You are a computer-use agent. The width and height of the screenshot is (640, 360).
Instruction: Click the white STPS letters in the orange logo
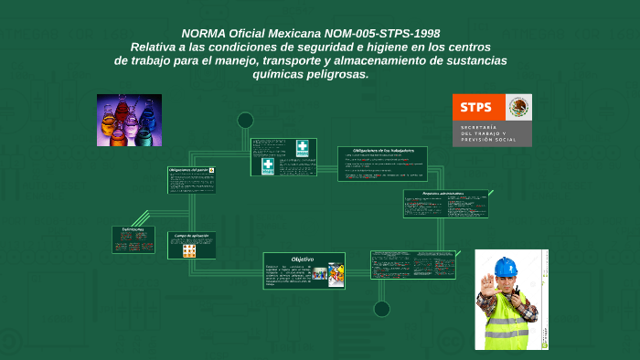point(476,107)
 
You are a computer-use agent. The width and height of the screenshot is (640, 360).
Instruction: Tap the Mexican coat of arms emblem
point(519,107)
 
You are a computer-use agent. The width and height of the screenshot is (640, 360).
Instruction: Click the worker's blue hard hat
point(506,268)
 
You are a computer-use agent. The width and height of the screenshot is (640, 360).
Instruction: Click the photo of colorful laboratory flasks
point(129,120)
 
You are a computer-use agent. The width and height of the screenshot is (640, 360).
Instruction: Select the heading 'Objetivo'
point(303,259)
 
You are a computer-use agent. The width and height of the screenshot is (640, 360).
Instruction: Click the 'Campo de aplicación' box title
point(192,236)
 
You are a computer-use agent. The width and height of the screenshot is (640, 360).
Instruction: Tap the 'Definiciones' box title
point(133,229)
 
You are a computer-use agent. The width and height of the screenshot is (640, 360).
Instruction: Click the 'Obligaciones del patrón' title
point(188,170)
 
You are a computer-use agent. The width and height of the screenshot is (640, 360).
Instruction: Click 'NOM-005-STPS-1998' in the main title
point(402,33)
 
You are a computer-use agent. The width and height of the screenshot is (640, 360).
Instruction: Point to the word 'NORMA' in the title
point(206,33)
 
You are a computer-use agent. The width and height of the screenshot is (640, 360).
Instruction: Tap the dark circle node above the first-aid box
point(245,120)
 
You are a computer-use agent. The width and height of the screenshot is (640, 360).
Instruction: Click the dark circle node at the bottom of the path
point(381,309)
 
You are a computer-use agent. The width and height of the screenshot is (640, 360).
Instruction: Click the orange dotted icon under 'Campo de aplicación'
point(189,249)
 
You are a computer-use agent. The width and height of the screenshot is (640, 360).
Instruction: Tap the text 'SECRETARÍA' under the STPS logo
point(479,125)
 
